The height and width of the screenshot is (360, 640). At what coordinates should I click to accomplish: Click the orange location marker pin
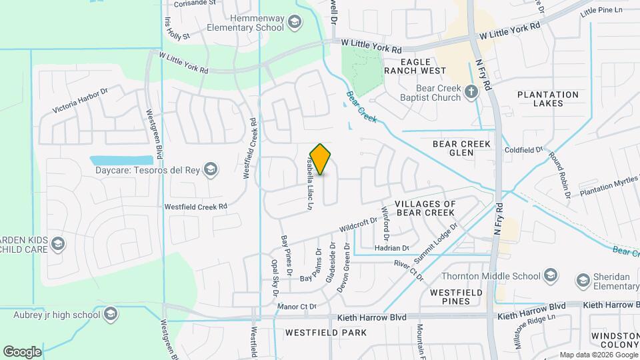tap(321, 159)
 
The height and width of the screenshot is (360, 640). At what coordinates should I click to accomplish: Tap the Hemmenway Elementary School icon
tap(293, 24)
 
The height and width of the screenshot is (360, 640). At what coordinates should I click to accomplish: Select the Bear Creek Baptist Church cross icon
tap(472, 92)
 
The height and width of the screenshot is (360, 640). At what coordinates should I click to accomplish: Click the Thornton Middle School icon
tap(551, 275)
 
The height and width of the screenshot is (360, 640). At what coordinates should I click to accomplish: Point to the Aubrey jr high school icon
tap(111, 313)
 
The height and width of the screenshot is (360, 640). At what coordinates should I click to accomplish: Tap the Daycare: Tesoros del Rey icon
tap(211, 169)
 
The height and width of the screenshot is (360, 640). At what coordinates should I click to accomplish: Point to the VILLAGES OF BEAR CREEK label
tap(425, 208)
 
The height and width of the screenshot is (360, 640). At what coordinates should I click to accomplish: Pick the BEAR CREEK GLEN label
tap(461, 148)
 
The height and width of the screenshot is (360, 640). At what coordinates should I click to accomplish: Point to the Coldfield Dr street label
tap(524, 150)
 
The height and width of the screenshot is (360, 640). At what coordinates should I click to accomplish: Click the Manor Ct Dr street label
tap(296, 307)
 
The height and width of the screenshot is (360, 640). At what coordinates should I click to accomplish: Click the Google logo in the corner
tap(22, 351)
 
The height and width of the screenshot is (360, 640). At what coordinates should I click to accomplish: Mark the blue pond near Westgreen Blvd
tap(121, 161)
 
